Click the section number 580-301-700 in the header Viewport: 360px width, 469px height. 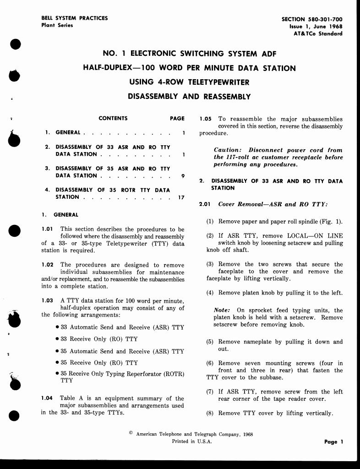pyautogui.click(x=324, y=19)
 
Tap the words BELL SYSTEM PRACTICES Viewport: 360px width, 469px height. pyautogui.click(x=75, y=18)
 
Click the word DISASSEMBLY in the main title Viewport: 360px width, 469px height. pyautogui.click(x=151, y=97)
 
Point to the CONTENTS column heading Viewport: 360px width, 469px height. pyautogui.click(x=113, y=118)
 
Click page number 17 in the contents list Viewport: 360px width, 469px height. pyautogui.click(x=181, y=197)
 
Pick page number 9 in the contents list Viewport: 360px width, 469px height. pyautogui.click(x=183, y=176)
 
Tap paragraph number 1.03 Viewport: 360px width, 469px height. pyautogui.click(x=48, y=300)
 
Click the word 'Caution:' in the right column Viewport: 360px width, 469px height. pyautogui.click(x=227, y=150)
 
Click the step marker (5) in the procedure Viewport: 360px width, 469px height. pyautogui.click(x=210, y=342)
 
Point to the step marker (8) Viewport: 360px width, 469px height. pyautogui.click(x=210, y=413)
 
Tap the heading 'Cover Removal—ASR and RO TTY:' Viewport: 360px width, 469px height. pyautogui.click(x=273, y=204)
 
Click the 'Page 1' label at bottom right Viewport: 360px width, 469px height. pyautogui.click(x=331, y=442)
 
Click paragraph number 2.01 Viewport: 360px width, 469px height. pyautogui.click(x=205, y=204)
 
